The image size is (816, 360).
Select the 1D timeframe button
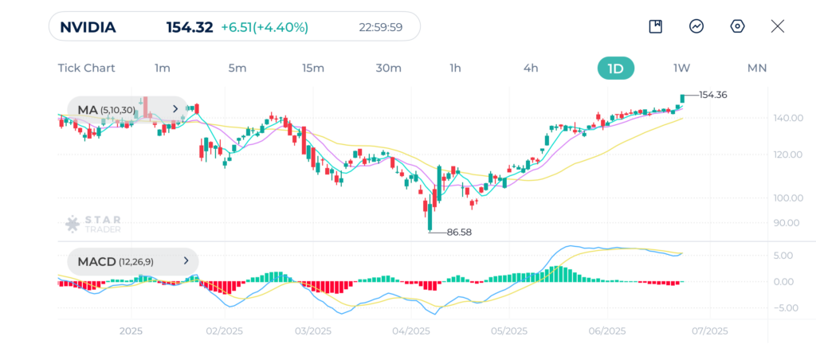click(615, 68)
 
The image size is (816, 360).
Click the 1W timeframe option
click(681, 68)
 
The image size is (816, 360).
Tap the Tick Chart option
click(86, 68)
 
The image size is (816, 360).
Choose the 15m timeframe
click(313, 68)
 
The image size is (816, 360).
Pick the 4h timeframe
click(531, 68)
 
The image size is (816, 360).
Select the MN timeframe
click(756, 68)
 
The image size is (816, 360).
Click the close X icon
click(778, 26)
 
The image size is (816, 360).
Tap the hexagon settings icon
click(737, 26)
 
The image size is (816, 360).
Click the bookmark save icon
click(656, 26)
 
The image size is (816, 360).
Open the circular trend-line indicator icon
click(696, 26)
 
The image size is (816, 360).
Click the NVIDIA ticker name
click(88, 27)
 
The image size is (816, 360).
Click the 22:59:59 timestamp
click(380, 27)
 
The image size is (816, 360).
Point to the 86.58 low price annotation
click(459, 232)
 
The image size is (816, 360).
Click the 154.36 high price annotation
click(712, 95)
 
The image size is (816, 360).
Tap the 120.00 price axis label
click(787, 154)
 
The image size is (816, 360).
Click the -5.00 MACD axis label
click(787, 307)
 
